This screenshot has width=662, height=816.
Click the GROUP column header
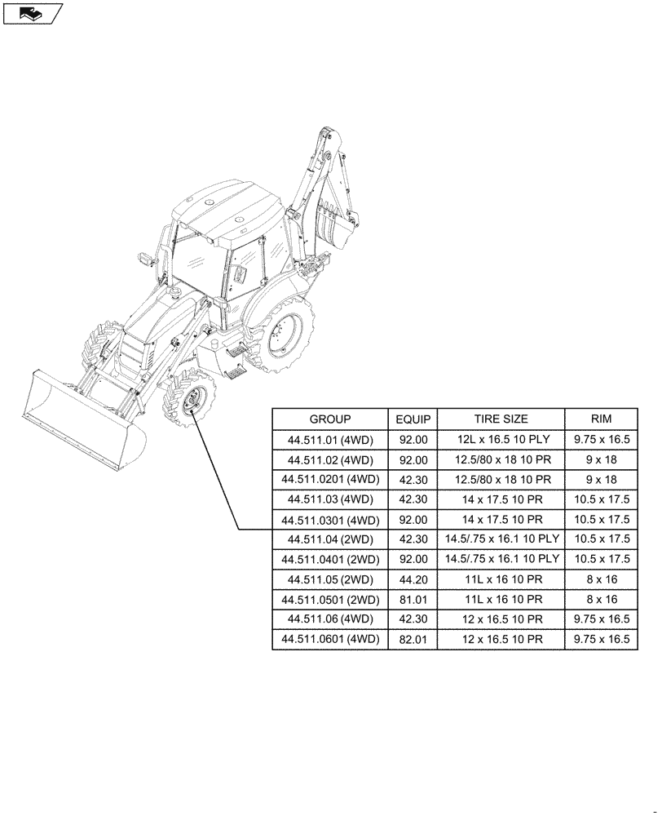click(330, 419)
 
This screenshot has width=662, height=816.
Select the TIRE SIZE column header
click(501, 419)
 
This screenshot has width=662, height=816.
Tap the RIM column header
click(602, 419)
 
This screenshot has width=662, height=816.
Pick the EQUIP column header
click(413, 419)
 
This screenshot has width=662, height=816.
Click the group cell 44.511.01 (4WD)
click(330, 440)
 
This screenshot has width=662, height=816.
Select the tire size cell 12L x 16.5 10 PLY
click(501, 440)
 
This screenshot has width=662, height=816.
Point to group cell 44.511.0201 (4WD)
click(330, 480)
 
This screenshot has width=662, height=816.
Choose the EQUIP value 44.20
click(413, 579)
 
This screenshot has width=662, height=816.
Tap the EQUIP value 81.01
click(413, 600)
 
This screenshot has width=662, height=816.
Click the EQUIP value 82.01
click(413, 640)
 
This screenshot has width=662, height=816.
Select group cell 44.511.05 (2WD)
click(330, 579)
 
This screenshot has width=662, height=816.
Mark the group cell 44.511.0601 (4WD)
click(330, 640)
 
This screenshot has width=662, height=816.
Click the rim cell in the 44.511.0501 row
click(602, 600)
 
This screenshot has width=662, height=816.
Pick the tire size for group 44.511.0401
click(501, 560)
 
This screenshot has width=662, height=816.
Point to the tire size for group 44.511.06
click(501, 619)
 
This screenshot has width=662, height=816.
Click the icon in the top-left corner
click(32, 13)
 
